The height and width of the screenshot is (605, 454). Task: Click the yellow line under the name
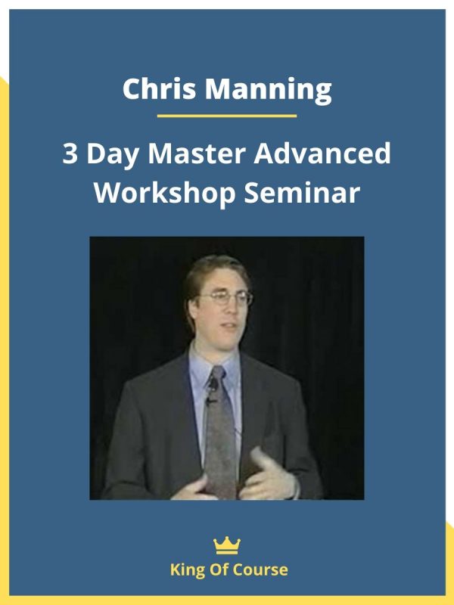point(227,116)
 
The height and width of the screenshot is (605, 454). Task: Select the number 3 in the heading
point(70,154)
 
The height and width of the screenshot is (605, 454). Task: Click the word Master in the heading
point(197,154)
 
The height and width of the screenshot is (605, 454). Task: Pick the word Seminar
point(302,194)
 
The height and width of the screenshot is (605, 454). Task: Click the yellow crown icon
point(227,544)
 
